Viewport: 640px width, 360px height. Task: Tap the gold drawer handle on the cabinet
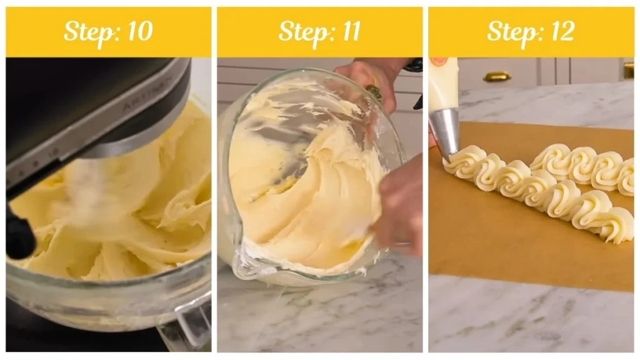497,76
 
